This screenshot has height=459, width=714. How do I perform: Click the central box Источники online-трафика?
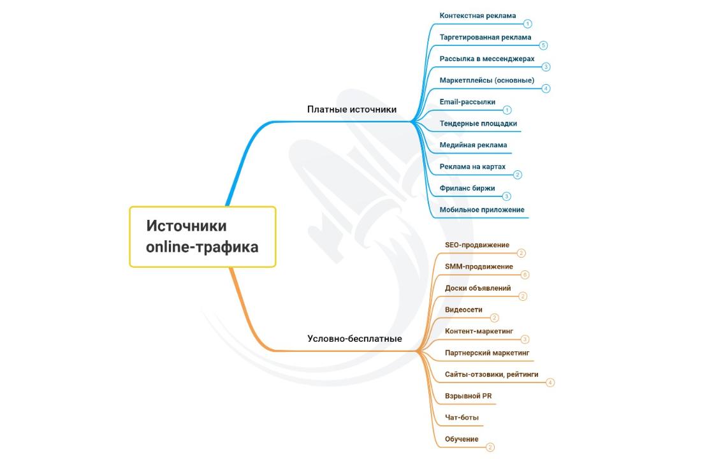click(203, 237)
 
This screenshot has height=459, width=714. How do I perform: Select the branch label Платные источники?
click(352, 109)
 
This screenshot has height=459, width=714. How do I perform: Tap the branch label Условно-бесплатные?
click(354, 339)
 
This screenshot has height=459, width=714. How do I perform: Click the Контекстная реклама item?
click(477, 15)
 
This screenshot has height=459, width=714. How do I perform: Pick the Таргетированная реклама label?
click(485, 38)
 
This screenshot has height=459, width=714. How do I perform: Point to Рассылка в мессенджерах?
click(487, 59)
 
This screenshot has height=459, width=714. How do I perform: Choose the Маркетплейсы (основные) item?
click(487, 80)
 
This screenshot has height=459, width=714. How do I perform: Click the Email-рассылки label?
click(467, 102)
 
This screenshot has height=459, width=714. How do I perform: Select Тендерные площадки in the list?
click(478, 124)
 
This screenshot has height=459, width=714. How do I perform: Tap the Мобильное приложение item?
click(482, 210)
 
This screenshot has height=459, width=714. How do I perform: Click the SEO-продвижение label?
click(477, 245)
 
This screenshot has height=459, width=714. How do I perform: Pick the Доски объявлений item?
click(477, 288)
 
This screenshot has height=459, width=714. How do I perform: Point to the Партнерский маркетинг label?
click(487, 353)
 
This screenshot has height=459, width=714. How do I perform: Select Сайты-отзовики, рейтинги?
click(492, 374)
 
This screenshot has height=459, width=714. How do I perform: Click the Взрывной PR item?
click(468, 396)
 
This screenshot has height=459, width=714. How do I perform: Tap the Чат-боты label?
click(462, 418)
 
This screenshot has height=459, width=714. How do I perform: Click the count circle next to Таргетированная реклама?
click(543, 45)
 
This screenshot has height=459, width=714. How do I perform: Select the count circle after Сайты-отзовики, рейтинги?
click(550, 383)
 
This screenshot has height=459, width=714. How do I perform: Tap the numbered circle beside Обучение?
click(490, 448)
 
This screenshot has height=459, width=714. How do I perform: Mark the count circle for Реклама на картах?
click(517, 175)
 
